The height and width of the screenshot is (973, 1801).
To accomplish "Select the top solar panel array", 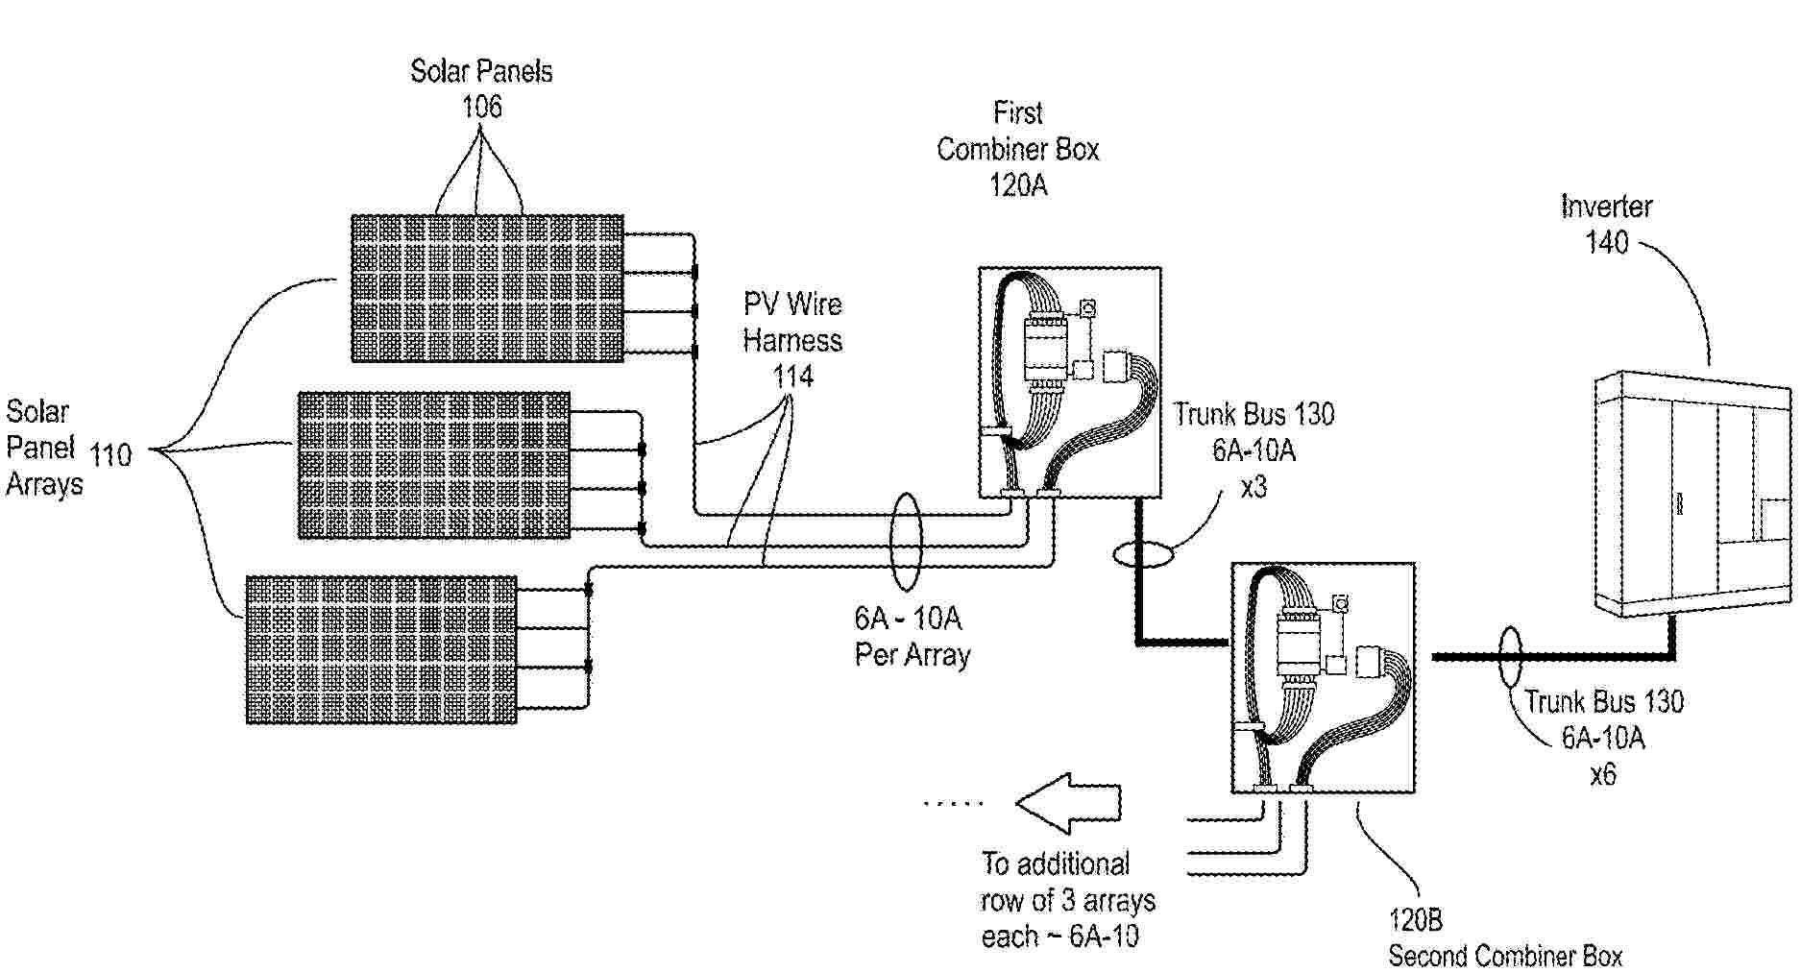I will pyautogui.click(x=487, y=288).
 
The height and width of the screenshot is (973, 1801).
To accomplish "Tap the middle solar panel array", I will pyautogui.click(x=434, y=465).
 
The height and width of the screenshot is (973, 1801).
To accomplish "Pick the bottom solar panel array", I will pyautogui.click(x=381, y=649).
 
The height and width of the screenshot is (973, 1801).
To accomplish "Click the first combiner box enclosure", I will pyautogui.click(x=1069, y=382).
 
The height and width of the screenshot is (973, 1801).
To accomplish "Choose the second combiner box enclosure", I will pyautogui.click(x=1323, y=677).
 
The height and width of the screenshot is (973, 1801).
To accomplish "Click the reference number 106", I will pyautogui.click(x=481, y=107).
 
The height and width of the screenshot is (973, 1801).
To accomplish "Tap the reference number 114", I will pyautogui.click(x=793, y=376).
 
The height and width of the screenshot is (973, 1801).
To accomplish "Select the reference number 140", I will pyautogui.click(x=1606, y=242).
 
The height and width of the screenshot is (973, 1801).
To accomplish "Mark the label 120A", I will pyautogui.click(x=1018, y=185).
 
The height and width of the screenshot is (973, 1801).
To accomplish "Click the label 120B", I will pyautogui.click(x=1415, y=920).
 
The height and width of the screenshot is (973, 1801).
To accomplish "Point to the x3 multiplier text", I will pyautogui.click(x=1253, y=487).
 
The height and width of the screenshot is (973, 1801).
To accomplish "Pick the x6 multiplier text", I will pyautogui.click(x=1602, y=774).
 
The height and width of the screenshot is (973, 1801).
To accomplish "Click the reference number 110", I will pyautogui.click(x=110, y=454).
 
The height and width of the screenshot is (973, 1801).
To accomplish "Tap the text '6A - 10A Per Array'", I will pyautogui.click(x=912, y=636).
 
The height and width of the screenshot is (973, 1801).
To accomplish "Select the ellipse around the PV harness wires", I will pyautogui.click(x=906, y=542).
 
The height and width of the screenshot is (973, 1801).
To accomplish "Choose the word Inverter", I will pyautogui.click(x=1606, y=207).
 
